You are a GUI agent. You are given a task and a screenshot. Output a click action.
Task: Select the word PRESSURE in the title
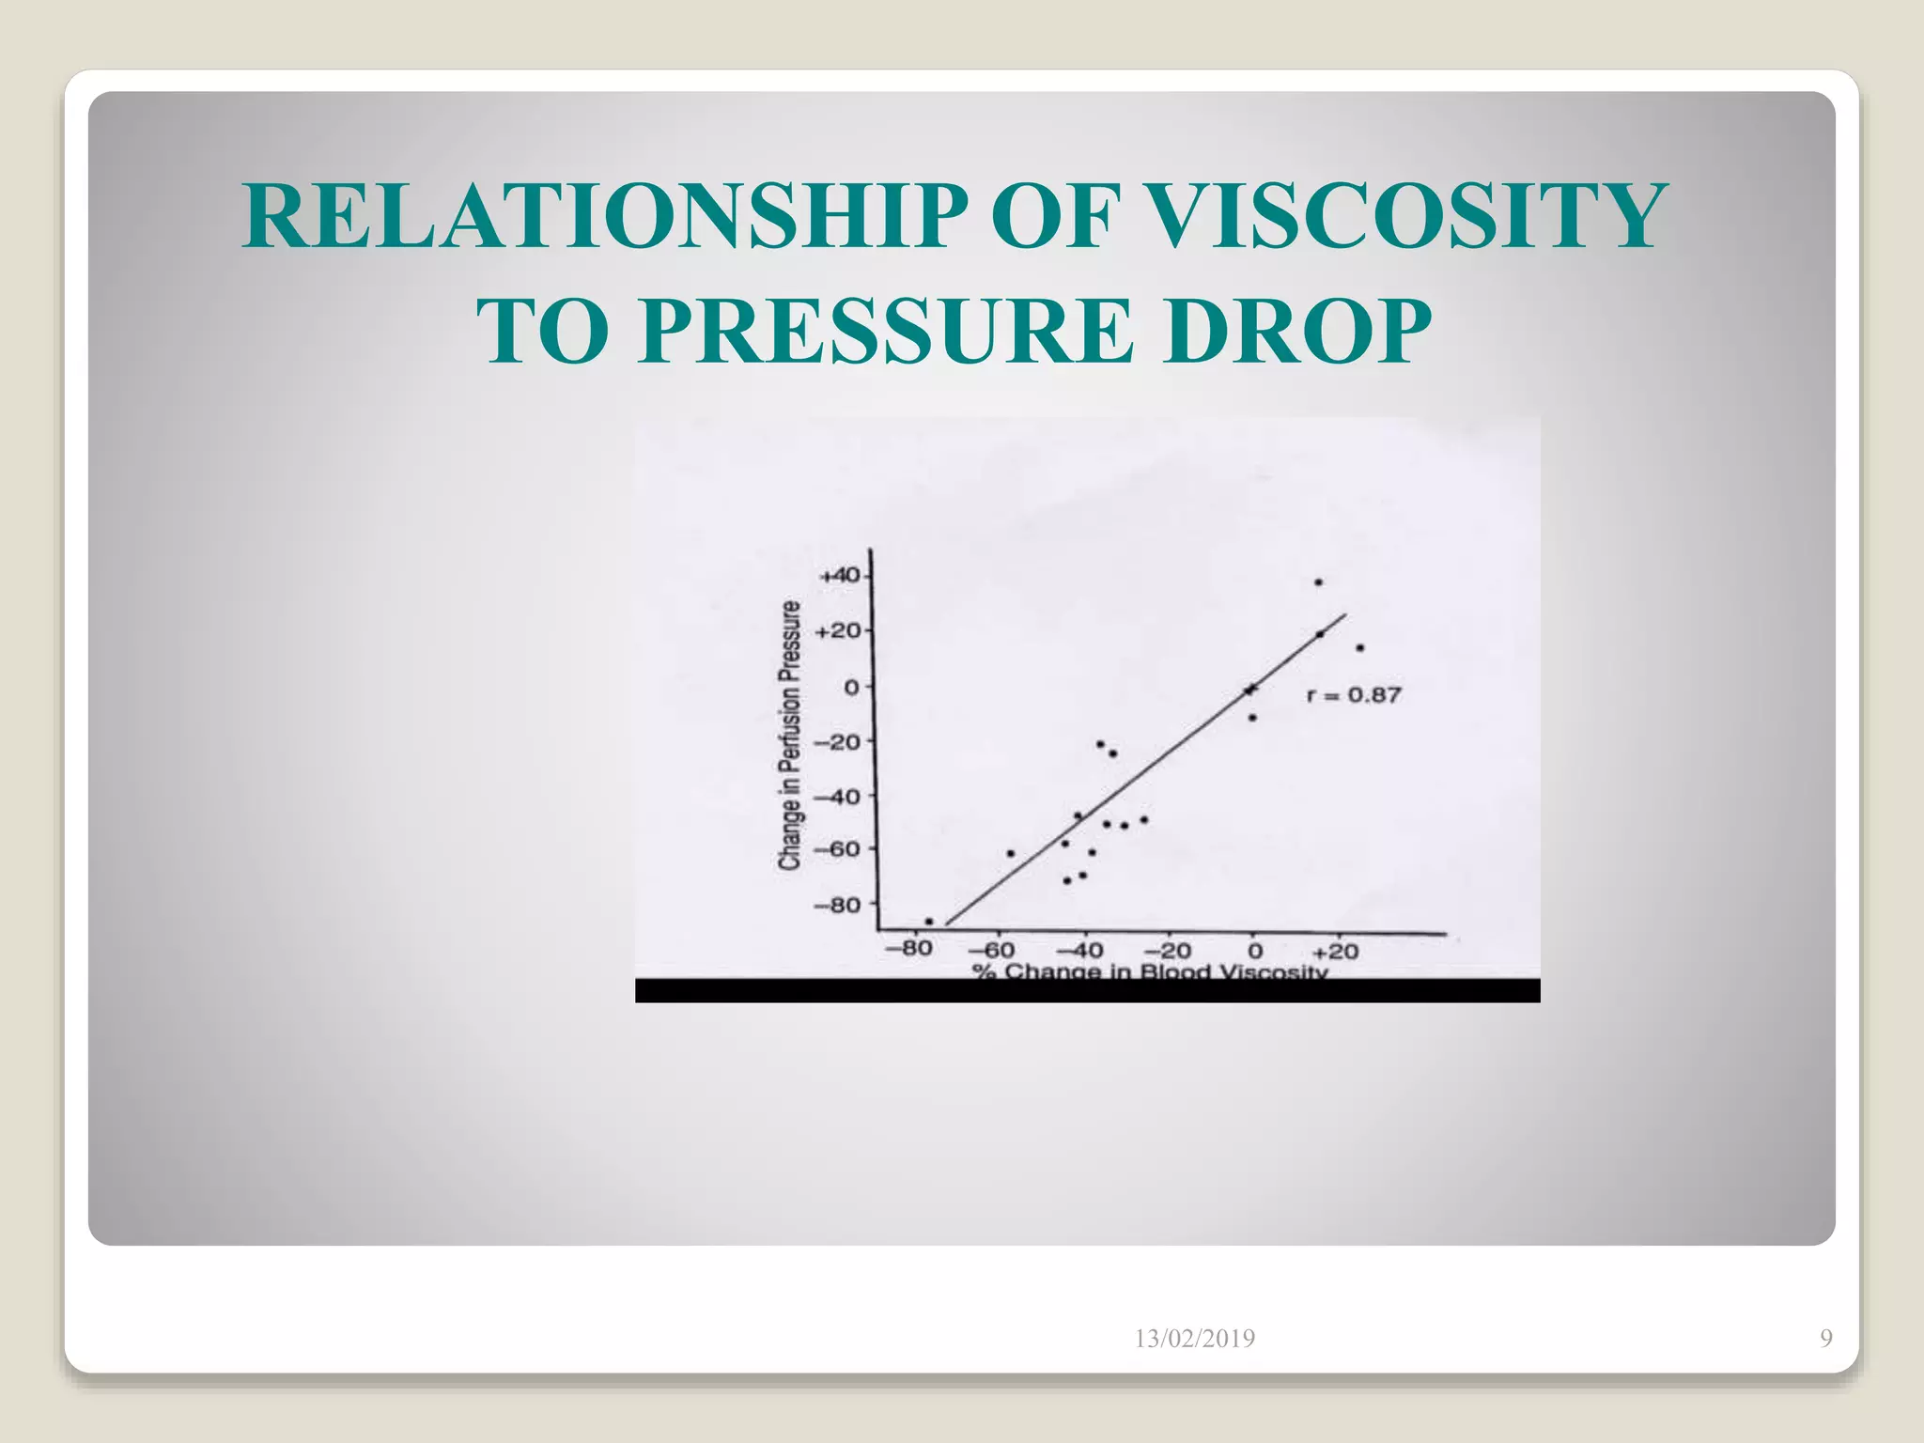click(885, 332)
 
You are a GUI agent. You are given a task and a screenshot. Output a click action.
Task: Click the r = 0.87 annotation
click(1354, 695)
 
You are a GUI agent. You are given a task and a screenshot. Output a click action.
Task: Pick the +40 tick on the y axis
click(839, 575)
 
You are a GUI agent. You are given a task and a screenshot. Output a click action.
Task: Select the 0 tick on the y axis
click(851, 687)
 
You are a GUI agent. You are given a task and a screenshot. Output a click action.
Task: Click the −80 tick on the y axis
click(836, 905)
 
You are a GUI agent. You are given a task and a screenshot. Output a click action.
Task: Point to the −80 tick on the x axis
click(908, 949)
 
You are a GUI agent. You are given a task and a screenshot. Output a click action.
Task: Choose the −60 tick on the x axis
click(992, 951)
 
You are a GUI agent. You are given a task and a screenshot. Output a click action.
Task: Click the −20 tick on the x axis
click(1168, 951)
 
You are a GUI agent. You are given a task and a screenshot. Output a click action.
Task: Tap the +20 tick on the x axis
click(1335, 951)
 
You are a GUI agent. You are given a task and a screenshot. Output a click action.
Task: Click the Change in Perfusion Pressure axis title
click(792, 736)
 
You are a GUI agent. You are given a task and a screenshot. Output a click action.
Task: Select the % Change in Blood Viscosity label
click(1151, 970)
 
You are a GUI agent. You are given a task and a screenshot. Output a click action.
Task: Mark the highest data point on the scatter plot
click(1318, 582)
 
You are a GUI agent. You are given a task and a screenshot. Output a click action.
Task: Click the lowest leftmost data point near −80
click(929, 921)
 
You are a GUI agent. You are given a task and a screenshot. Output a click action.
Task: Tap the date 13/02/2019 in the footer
click(1194, 1339)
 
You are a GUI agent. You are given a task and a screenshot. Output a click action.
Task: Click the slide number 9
click(1825, 1339)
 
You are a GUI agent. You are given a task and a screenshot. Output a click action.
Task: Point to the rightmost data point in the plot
click(1359, 647)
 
